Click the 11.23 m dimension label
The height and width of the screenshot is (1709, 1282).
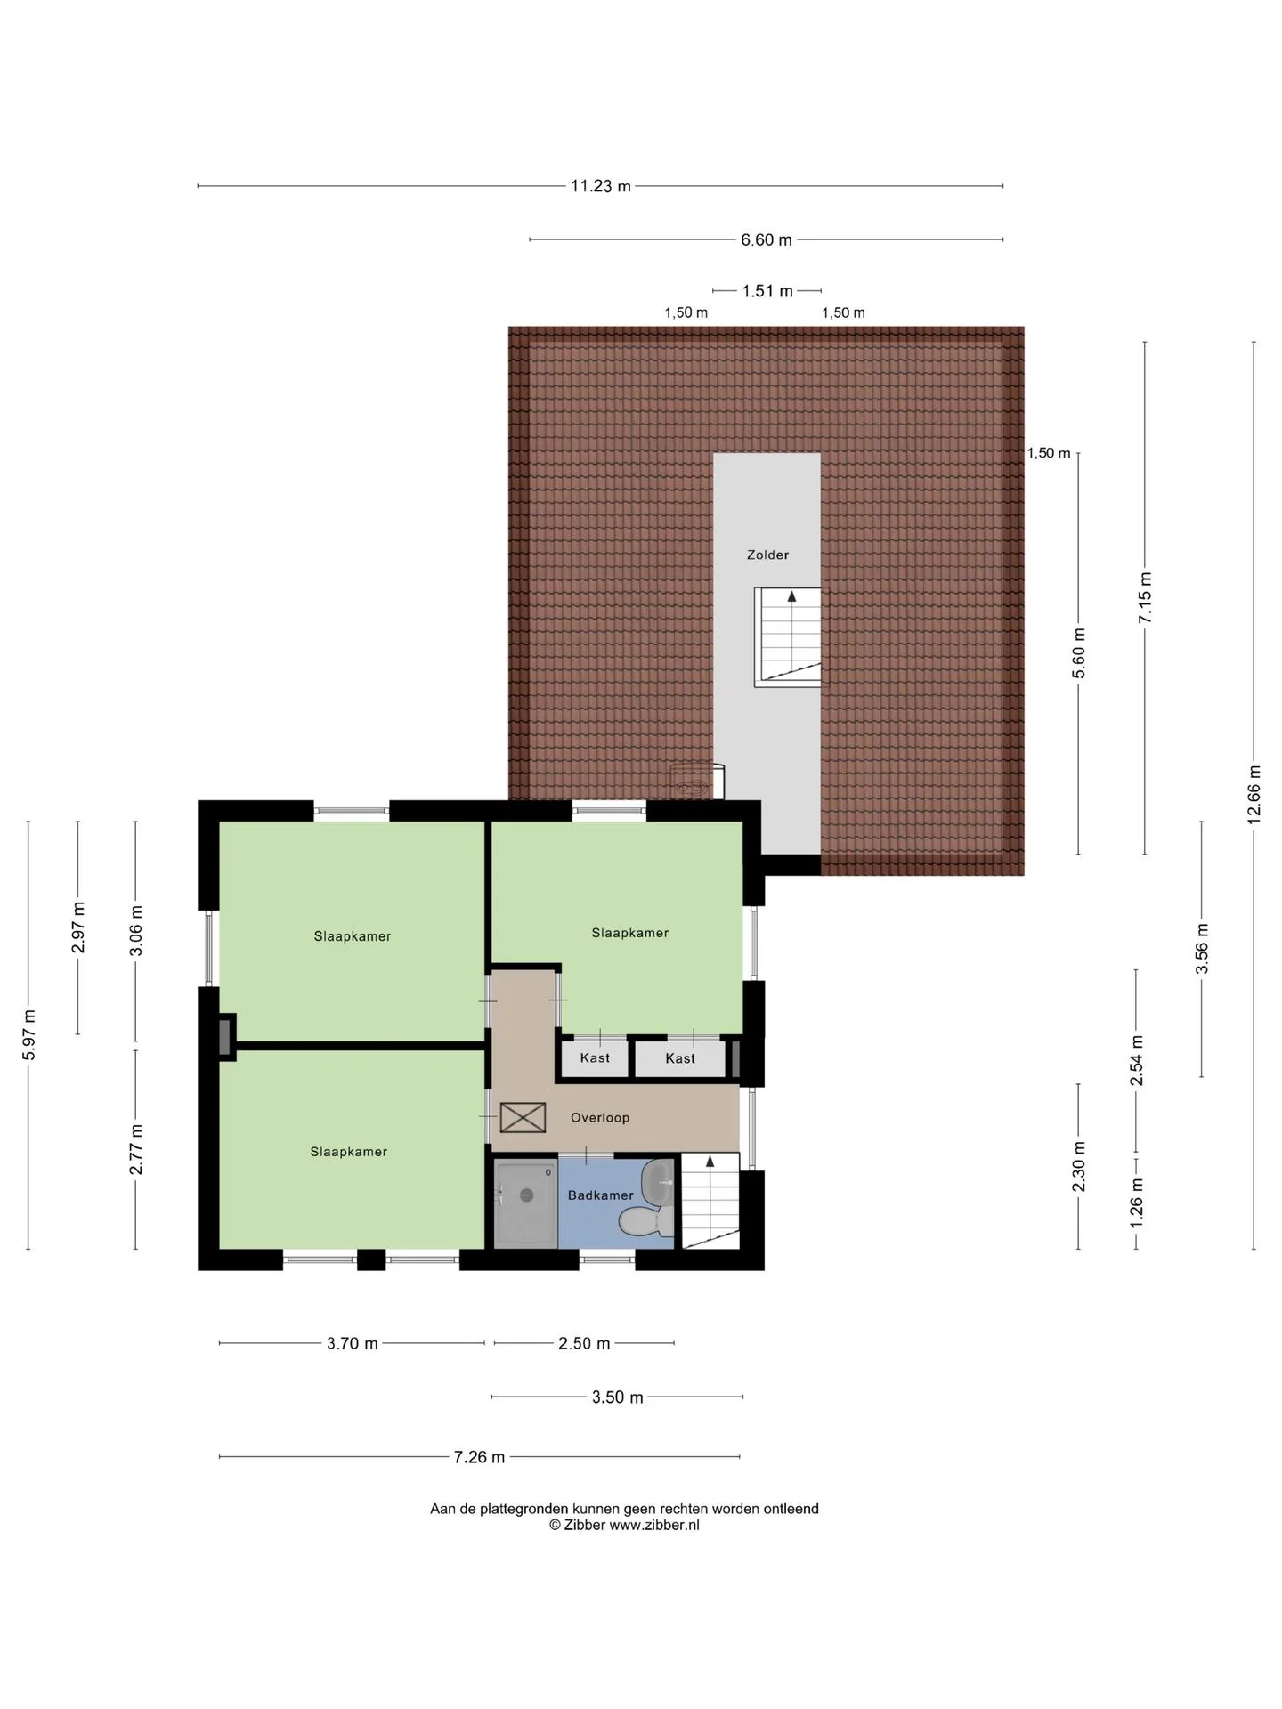601,186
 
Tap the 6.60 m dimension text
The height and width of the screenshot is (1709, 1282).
767,239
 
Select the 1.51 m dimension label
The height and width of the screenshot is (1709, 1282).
767,291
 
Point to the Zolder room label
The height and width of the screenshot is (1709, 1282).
767,555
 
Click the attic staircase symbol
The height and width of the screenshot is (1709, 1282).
787,636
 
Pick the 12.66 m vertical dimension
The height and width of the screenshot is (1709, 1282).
1254,795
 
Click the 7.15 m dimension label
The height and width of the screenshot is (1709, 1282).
1145,597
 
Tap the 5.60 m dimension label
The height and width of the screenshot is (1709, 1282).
1079,653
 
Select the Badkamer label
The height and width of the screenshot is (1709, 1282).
601,1195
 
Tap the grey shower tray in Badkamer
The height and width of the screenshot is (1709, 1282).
526,1203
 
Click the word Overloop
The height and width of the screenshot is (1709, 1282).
600,1117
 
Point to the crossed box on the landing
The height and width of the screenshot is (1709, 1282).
523,1118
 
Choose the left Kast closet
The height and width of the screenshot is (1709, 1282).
595,1058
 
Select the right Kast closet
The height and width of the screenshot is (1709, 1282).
680,1058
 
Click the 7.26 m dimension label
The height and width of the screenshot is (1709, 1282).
479,1457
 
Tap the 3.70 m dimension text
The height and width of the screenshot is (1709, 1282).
352,1343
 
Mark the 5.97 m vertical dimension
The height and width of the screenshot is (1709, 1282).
28,1035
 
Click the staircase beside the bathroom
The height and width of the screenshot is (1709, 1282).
710,1201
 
